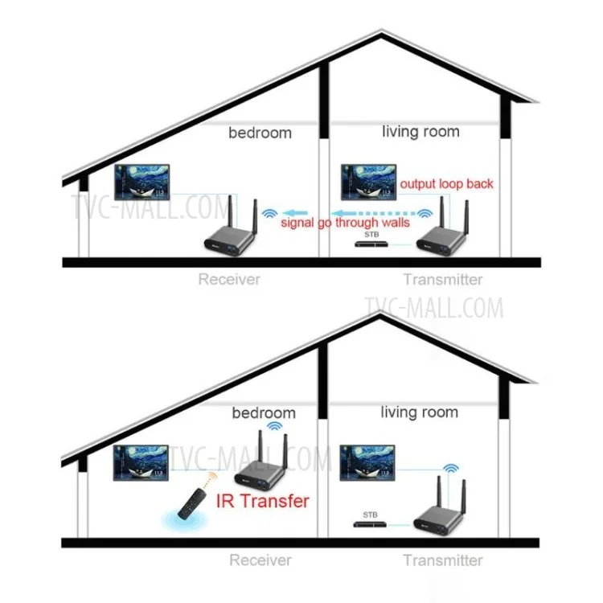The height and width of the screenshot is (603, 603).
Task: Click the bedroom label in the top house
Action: pyautogui.click(x=260, y=133)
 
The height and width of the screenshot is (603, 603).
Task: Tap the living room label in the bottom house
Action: pyautogui.click(x=419, y=412)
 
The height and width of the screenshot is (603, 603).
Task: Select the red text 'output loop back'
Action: pyautogui.click(x=446, y=184)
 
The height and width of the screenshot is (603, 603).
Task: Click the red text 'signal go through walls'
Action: pyautogui.click(x=346, y=223)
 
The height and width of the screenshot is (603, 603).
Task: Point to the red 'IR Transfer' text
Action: pyautogui.click(x=263, y=501)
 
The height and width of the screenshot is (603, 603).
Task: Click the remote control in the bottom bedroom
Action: pyautogui.click(x=191, y=503)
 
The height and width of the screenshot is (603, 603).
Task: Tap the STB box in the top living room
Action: pyautogui.click(x=371, y=244)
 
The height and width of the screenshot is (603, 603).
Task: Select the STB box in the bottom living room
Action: pyautogui.click(x=370, y=524)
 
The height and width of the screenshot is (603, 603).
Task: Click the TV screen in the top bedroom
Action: pyautogui.click(x=142, y=183)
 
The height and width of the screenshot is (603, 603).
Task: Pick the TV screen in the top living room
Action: pyautogui.click(x=369, y=183)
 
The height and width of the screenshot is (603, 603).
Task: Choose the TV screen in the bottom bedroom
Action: pyautogui.click(x=141, y=462)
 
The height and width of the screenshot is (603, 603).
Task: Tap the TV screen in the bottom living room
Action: pyautogui.click(x=367, y=462)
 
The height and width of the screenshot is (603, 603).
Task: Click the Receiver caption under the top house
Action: pyautogui.click(x=229, y=279)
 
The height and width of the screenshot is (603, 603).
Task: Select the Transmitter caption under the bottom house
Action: pyautogui.click(x=443, y=560)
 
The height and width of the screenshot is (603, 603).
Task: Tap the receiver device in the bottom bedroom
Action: pyautogui.click(x=262, y=462)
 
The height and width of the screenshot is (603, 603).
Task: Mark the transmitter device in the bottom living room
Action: pyautogui.click(x=441, y=507)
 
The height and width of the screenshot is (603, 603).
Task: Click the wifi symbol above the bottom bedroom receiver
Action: pyautogui.click(x=275, y=425)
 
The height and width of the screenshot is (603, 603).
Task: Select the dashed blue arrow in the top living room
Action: pyautogui.click(x=375, y=213)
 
